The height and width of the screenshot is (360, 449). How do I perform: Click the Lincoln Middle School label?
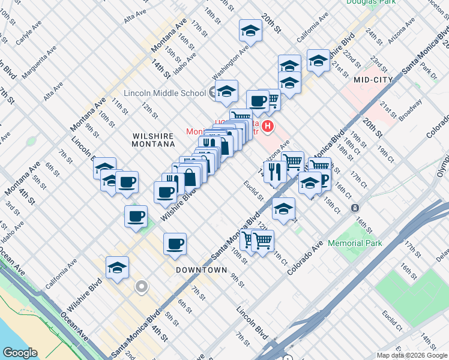click(x=164, y=93)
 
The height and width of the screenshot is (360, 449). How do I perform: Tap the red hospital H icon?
click(x=268, y=127)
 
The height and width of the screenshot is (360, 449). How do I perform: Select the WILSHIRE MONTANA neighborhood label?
click(x=154, y=140)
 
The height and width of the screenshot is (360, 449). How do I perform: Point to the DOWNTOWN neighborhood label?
click(x=202, y=270)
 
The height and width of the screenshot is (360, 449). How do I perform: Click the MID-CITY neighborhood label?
click(x=373, y=79)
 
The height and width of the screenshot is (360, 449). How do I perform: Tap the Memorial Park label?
click(x=356, y=244)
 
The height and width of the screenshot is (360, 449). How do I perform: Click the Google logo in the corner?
click(x=20, y=352)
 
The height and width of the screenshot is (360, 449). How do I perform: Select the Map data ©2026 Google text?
click(x=412, y=355)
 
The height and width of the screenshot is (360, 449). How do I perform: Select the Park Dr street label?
click(x=429, y=71)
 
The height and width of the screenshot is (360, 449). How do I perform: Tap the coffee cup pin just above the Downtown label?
click(x=175, y=244)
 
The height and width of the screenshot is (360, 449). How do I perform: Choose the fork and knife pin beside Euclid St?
click(x=275, y=172)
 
